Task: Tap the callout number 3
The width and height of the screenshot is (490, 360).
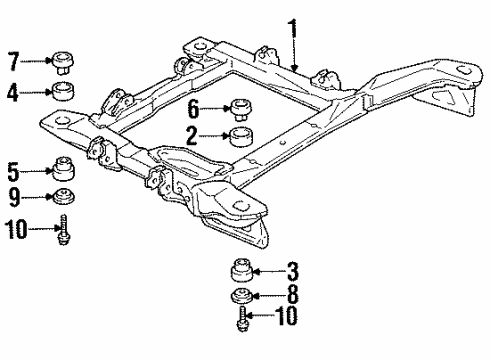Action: point(293,269)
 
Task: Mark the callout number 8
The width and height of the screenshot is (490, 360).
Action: point(293,297)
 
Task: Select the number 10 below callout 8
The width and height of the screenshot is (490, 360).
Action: point(288,319)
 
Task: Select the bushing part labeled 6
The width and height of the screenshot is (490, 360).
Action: point(241,106)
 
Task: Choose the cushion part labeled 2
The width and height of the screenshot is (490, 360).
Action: point(241,136)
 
